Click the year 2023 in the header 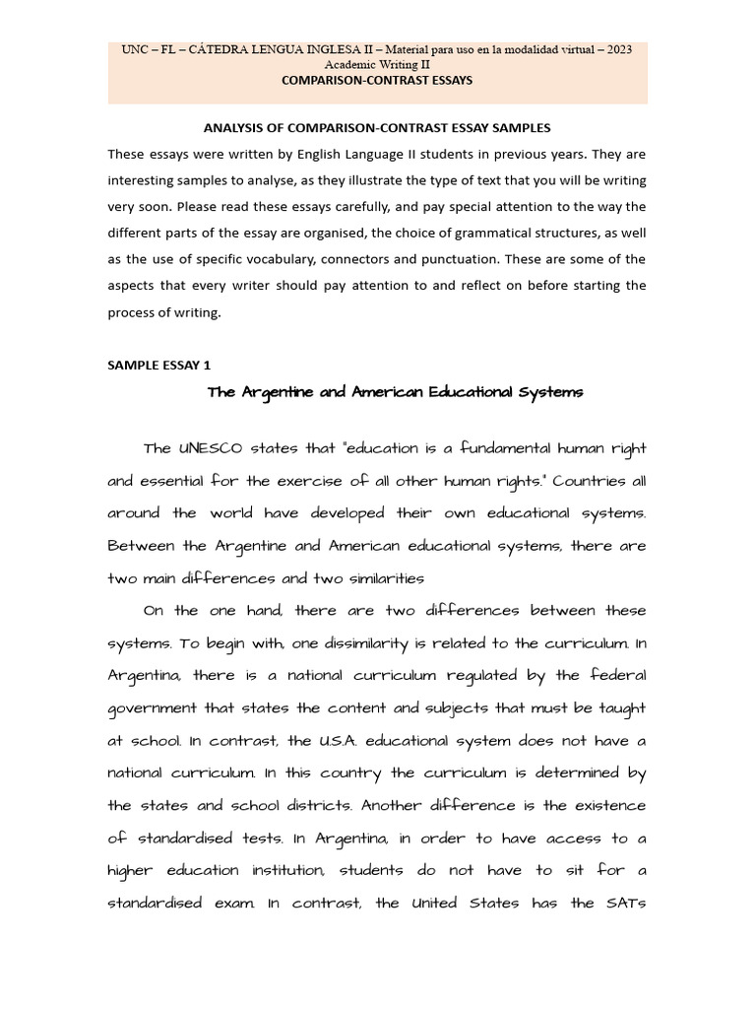pyautogui.click(x=618, y=49)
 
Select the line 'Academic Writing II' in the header pyautogui.click(x=377, y=65)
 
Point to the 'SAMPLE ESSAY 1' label pyautogui.click(x=158, y=365)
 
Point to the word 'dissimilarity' pyautogui.click(x=321, y=643)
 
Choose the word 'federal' pyautogui.click(x=617, y=676)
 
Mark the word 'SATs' pyautogui.click(x=621, y=904)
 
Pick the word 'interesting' pyautogui.click(x=146, y=181)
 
